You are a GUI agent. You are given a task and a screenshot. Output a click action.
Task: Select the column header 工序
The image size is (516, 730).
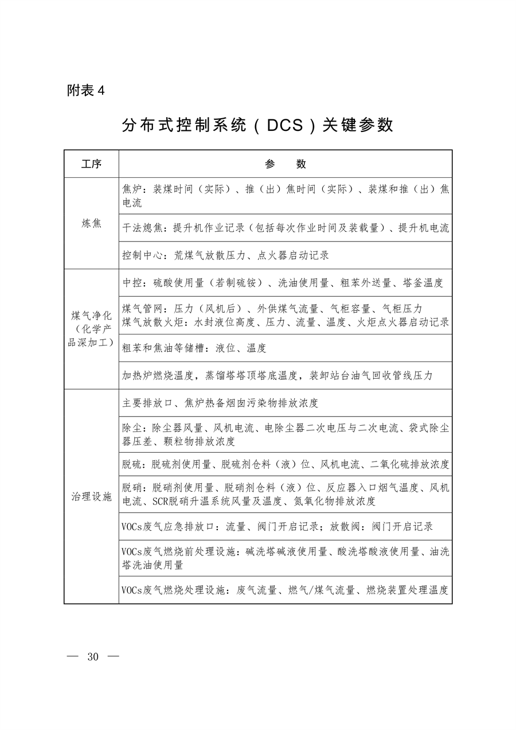(x=91, y=164)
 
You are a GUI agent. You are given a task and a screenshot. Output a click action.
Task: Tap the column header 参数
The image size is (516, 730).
(x=285, y=164)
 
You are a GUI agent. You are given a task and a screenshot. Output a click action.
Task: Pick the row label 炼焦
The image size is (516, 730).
(x=91, y=223)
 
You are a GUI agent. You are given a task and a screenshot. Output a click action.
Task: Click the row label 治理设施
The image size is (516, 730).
(x=91, y=496)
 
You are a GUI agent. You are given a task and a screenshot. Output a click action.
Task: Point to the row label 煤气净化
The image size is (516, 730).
(x=91, y=316)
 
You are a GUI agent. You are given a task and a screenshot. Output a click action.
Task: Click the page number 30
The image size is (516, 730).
(x=93, y=657)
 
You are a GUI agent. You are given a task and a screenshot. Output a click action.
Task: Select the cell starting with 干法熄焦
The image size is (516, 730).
(x=285, y=228)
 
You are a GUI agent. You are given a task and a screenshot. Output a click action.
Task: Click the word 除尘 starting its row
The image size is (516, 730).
(x=132, y=428)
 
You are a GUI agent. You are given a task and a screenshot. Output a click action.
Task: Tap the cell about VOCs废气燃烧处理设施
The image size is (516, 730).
(x=285, y=590)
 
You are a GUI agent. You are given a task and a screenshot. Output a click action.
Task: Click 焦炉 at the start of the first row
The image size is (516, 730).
(x=132, y=189)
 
